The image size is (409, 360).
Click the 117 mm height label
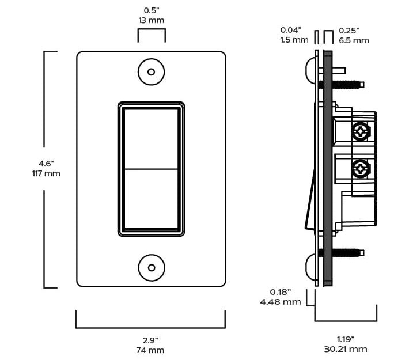pos(46,173)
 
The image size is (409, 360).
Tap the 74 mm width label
pos(150,350)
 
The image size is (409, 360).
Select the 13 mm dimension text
pos(152,20)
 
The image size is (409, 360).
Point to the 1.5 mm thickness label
pos(294,40)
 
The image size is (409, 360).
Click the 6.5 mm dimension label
pos(354,40)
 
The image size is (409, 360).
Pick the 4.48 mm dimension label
pos(281,302)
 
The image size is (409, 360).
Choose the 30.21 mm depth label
pos(346,349)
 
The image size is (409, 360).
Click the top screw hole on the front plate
pos(152,72)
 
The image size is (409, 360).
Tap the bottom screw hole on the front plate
pos(152,268)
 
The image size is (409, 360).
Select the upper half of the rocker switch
pos(152,139)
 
